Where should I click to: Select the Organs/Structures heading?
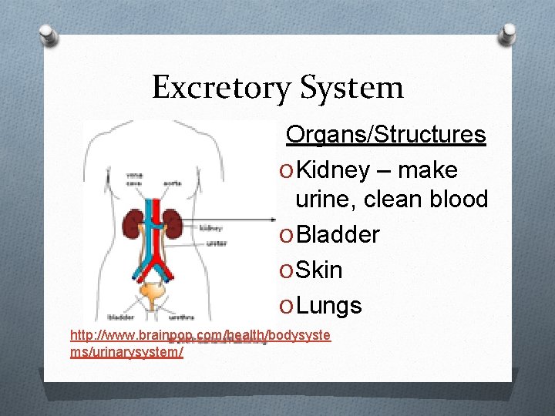[385, 135]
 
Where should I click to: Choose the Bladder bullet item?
[338, 234]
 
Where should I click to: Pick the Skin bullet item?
[319, 270]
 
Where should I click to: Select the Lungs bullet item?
[328, 306]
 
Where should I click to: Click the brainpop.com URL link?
[200, 336]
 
